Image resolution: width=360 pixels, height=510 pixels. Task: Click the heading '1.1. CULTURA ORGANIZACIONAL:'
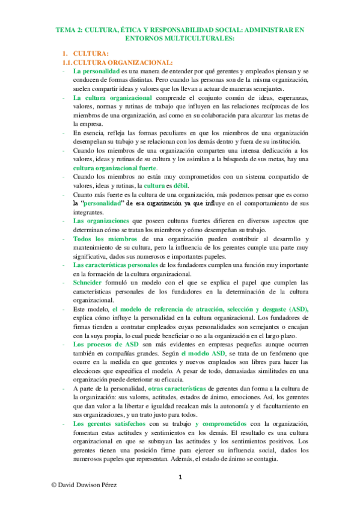tap(118, 63)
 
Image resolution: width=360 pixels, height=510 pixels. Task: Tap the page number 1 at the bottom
tap(180, 478)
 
